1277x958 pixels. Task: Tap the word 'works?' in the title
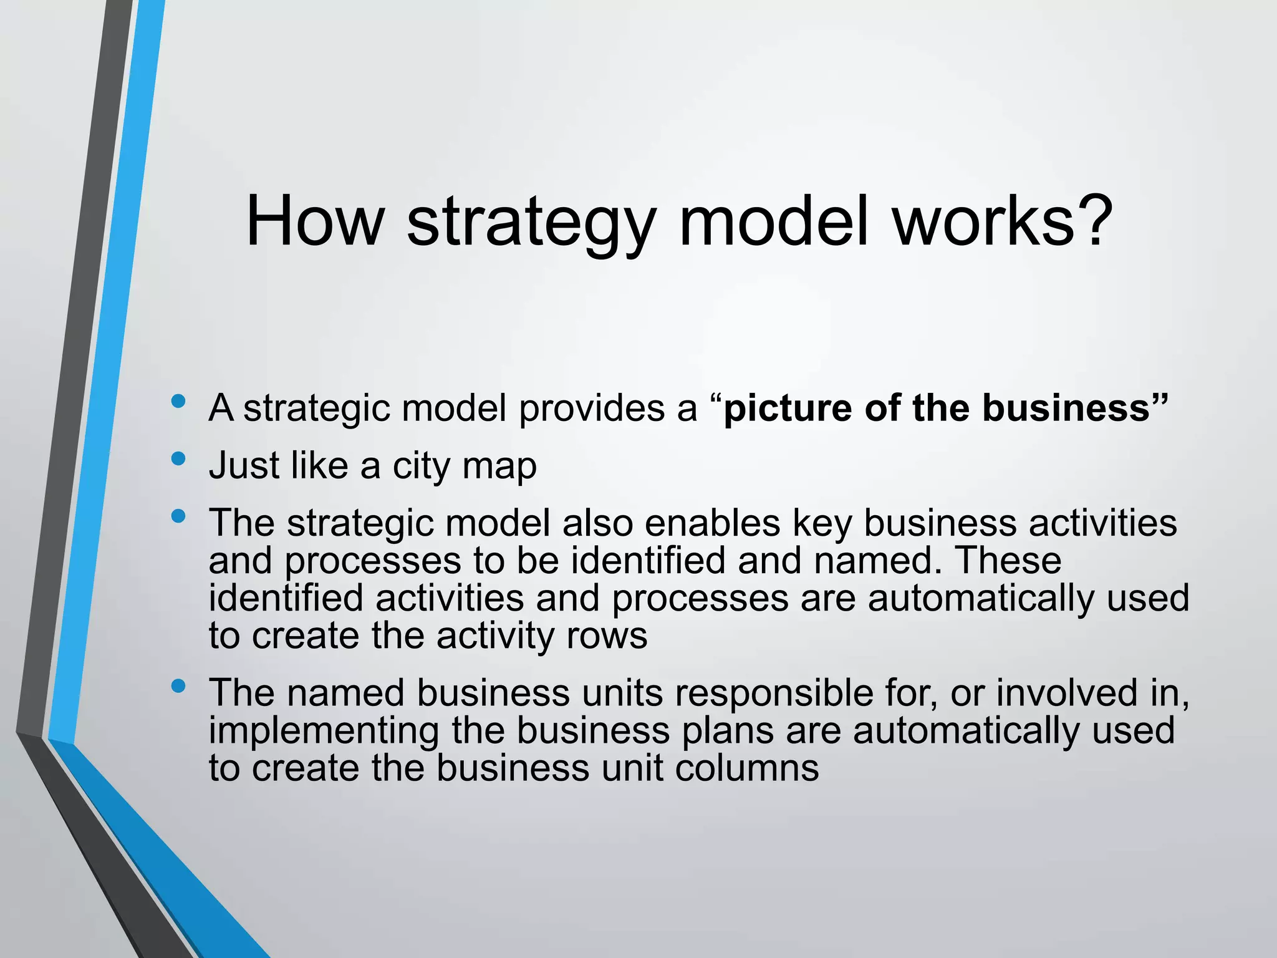tap(1003, 222)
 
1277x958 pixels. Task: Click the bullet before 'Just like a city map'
tap(178, 459)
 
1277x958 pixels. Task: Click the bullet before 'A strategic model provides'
tap(178, 401)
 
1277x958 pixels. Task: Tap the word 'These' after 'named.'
tap(1008, 560)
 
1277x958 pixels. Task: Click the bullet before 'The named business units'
tap(178, 686)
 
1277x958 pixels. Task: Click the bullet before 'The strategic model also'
tap(178, 516)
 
